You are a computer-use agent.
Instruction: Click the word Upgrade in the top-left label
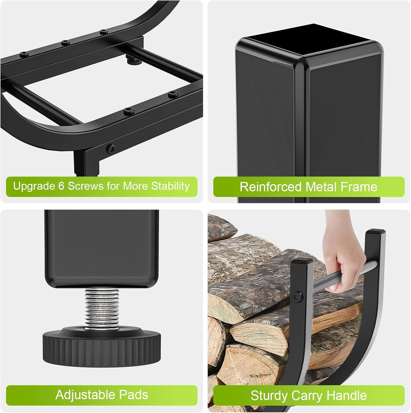[34, 186]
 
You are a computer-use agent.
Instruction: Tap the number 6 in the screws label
[61, 186]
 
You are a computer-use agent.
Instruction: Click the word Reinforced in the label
[270, 187]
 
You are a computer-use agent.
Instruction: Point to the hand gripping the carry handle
[337, 267]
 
